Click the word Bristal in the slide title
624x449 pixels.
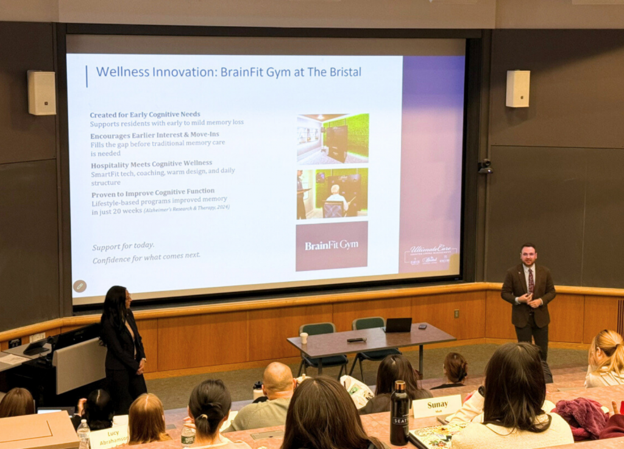click(x=342, y=72)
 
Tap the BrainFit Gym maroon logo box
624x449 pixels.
click(x=331, y=246)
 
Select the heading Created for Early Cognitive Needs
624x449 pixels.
click(x=145, y=115)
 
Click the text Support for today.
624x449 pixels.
click(x=123, y=247)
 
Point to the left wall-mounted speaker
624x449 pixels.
click(x=41, y=92)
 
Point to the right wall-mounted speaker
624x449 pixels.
click(x=517, y=88)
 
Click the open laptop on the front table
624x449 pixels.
click(x=398, y=325)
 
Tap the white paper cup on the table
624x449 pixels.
click(x=303, y=338)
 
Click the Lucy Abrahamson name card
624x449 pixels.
click(x=109, y=437)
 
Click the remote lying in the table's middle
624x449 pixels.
click(x=356, y=339)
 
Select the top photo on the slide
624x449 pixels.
click(x=333, y=138)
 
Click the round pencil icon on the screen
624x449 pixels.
click(x=80, y=286)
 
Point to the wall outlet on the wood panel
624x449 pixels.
click(x=456, y=314)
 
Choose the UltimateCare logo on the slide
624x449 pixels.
click(x=431, y=253)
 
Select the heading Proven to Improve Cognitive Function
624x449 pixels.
click(x=152, y=191)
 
